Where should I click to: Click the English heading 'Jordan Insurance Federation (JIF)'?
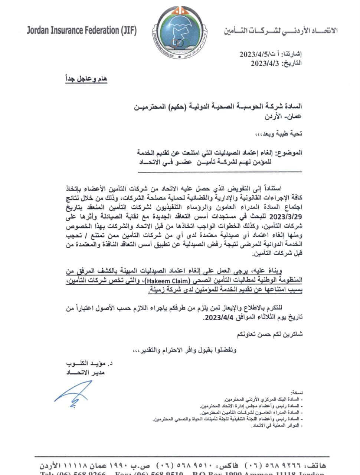click(82, 31)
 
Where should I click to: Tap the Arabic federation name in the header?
click(281, 31)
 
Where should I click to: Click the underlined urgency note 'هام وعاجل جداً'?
click(86, 79)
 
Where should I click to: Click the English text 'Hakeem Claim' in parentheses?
click(168, 281)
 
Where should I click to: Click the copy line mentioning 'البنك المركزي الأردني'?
click(263, 399)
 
